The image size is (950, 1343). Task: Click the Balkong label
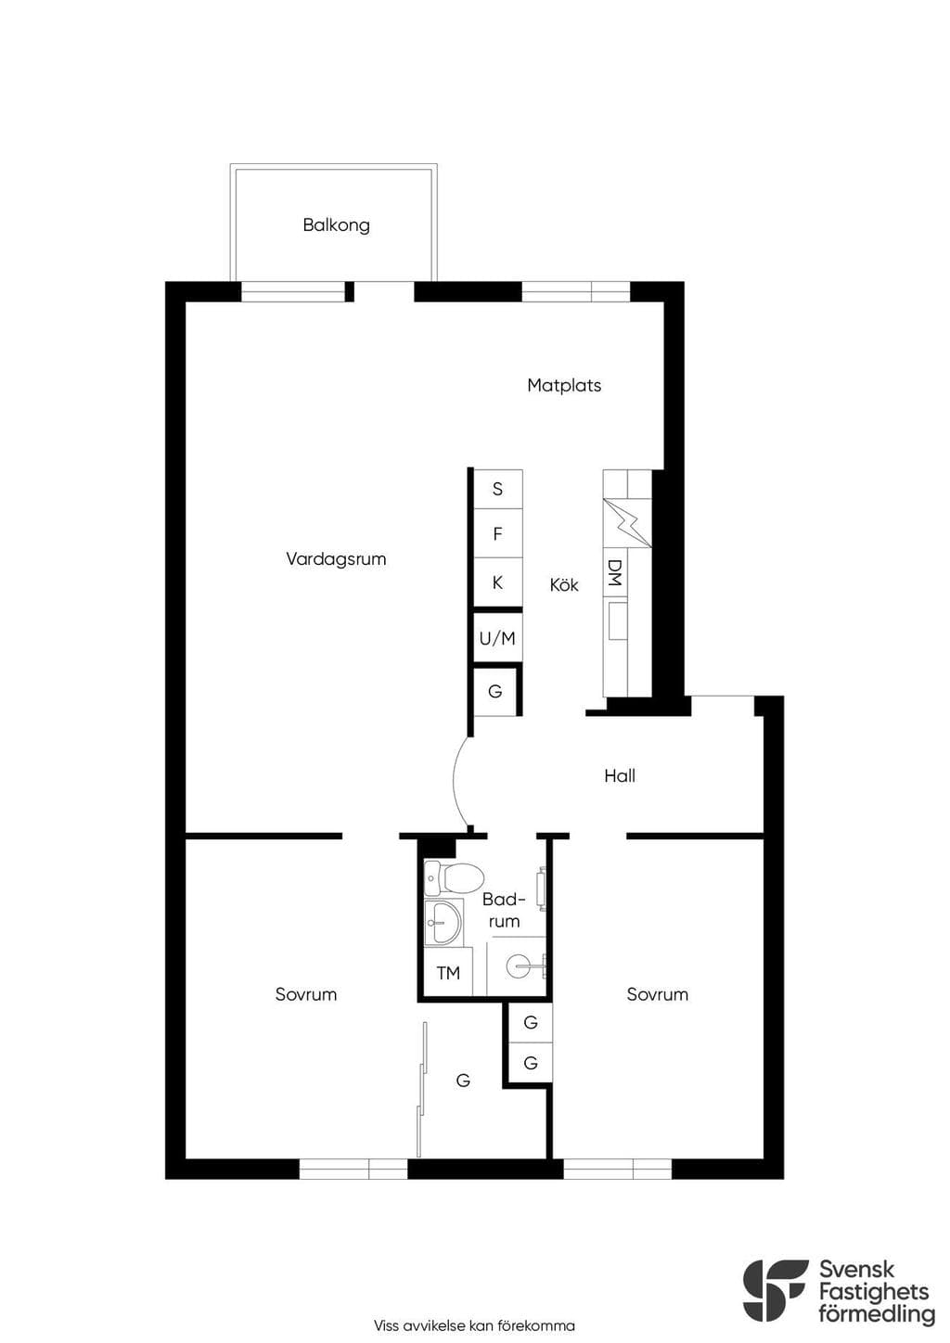(336, 225)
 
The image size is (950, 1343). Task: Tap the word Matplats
(564, 386)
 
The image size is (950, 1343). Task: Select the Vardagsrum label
(336, 559)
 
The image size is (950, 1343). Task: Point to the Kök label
(564, 584)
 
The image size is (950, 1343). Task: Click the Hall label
(620, 775)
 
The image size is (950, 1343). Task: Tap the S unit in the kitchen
(498, 489)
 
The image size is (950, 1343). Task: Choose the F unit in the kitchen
(498, 533)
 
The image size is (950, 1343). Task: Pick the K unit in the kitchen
(498, 582)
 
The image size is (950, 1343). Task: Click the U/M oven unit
(497, 638)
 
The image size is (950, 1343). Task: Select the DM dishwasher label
(615, 572)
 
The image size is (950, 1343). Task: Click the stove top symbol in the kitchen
(627, 523)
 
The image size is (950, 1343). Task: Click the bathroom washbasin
(443, 923)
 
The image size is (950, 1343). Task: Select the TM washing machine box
(448, 974)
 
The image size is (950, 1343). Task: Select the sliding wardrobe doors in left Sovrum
(422, 1090)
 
